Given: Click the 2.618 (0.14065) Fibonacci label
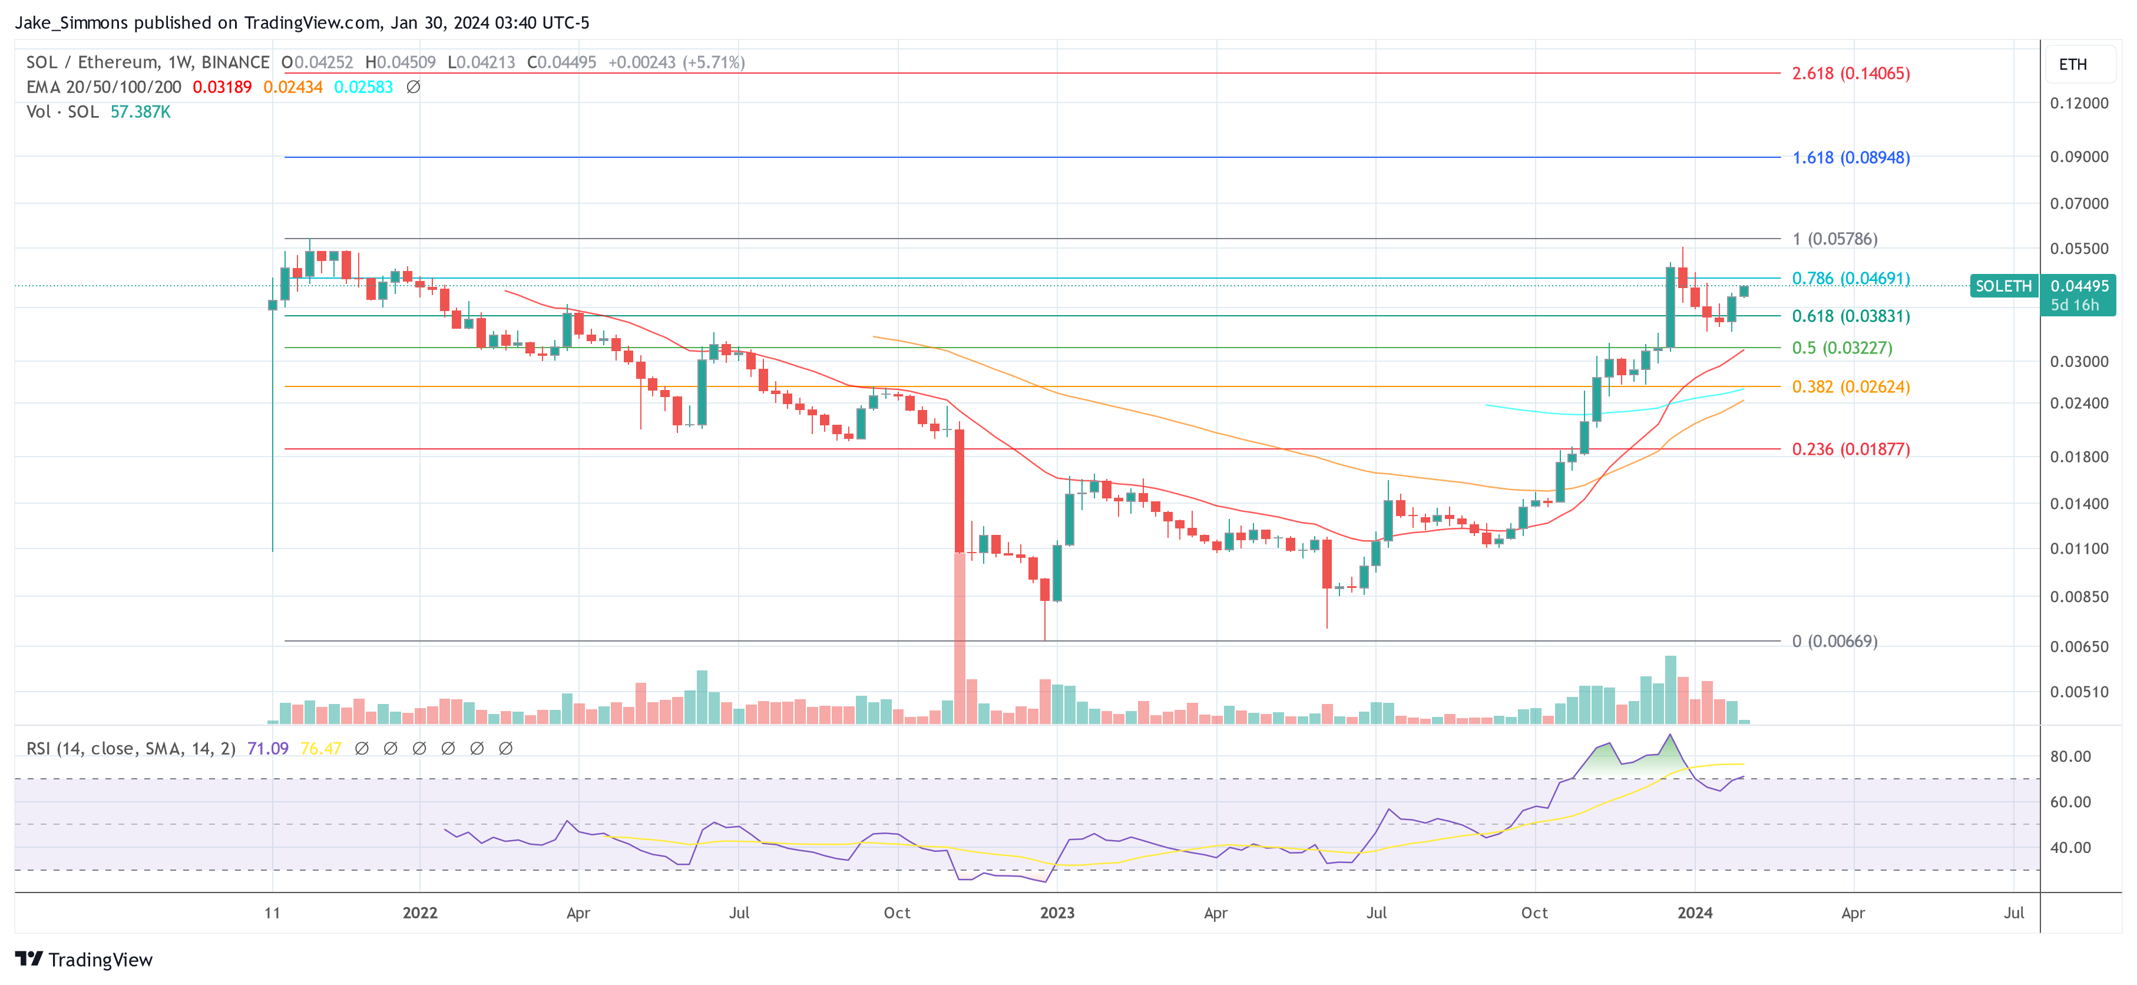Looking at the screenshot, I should pyautogui.click(x=1850, y=73).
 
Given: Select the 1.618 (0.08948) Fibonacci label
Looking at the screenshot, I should pyautogui.click(x=1850, y=158).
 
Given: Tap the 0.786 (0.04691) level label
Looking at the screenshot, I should pyautogui.click(x=1850, y=278).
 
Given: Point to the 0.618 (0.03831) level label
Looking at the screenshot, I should pyautogui.click(x=1850, y=316).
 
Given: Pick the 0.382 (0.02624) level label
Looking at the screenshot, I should pyautogui.click(x=1850, y=386).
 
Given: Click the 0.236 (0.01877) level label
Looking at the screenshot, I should pyautogui.click(x=1850, y=449).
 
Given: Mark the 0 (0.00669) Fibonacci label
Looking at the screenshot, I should pyautogui.click(x=1834, y=640).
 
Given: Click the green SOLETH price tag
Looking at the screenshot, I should pyautogui.click(x=2003, y=286).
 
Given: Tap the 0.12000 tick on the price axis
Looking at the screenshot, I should pyautogui.click(x=2078, y=103).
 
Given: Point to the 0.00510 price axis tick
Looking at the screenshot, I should pyautogui.click(x=2078, y=691).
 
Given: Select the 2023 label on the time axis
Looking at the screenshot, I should pyautogui.click(x=1057, y=913).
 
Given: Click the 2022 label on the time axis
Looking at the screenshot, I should pyautogui.click(x=420, y=913).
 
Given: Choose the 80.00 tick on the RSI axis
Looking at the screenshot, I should pyautogui.click(x=2070, y=756).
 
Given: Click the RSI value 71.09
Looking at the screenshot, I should pyautogui.click(x=267, y=749).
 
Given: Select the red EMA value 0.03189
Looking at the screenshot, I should pyautogui.click(x=221, y=87).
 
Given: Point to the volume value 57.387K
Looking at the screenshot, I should pyautogui.click(x=140, y=112).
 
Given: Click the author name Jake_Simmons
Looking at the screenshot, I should pyautogui.click(x=72, y=22).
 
